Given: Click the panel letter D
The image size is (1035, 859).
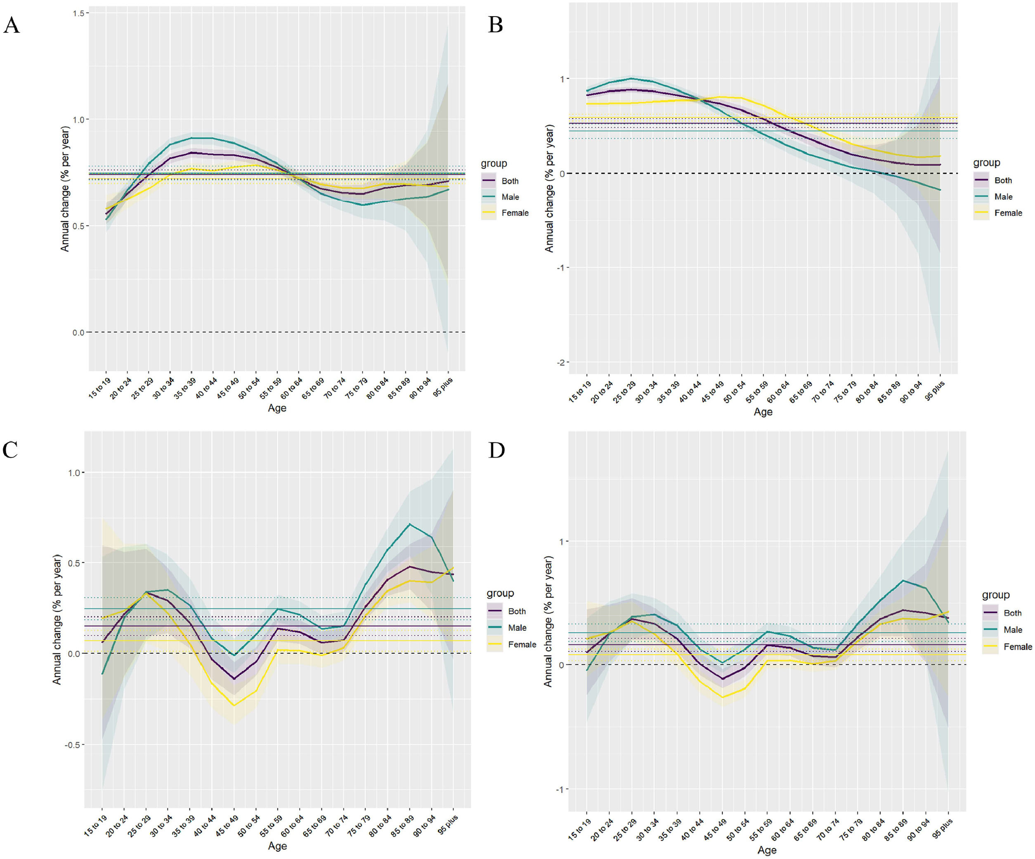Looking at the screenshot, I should click(496, 450).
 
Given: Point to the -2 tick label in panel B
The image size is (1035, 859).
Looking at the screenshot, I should click(560, 362).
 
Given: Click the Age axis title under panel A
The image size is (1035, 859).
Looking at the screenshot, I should click(277, 408).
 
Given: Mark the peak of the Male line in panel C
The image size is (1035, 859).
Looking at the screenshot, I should click(409, 524).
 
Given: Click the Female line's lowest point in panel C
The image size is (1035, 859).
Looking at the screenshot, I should click(234, 705).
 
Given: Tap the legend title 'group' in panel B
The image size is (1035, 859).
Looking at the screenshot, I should click(986, 163).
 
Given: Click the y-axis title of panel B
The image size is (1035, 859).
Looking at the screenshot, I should click(549, 188).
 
